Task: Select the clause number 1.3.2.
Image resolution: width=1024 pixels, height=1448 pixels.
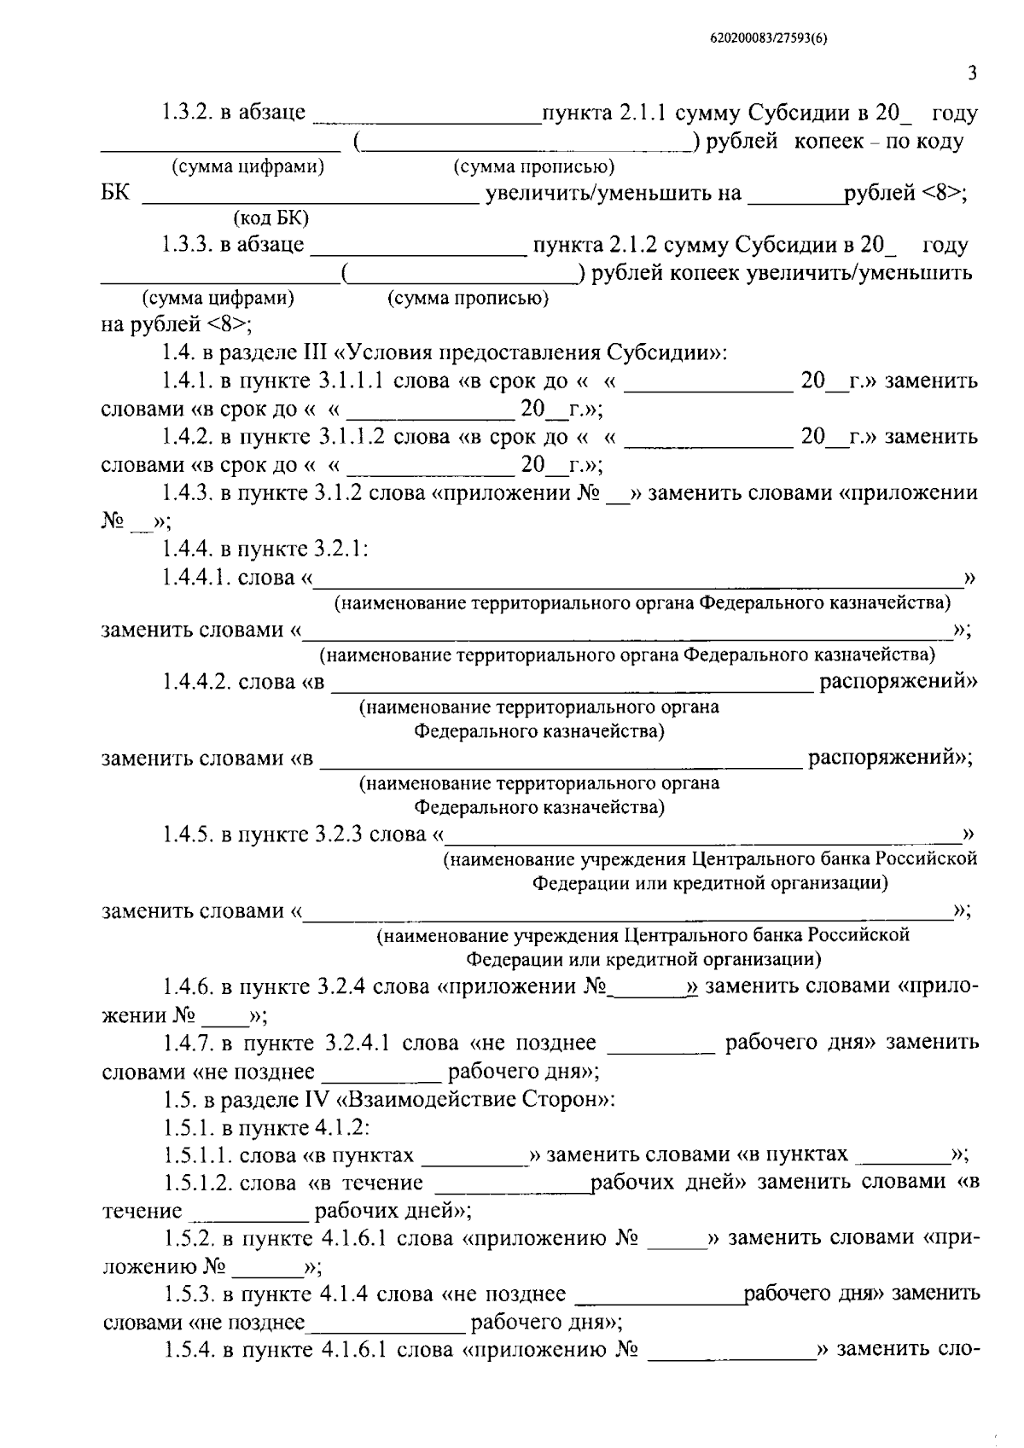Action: coord(188,113)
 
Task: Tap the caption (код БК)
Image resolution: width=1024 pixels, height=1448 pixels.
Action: coord(271,218)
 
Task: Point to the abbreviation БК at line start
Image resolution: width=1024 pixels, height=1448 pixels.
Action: coord(115,193)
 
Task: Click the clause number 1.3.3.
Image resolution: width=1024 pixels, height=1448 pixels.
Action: coord(188,246)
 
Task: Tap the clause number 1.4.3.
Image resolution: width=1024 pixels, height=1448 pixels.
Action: coord(188,493)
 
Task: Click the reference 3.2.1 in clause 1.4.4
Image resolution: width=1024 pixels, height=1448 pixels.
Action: coord(343,549)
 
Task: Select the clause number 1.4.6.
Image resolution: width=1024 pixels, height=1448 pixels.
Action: coord(188,987)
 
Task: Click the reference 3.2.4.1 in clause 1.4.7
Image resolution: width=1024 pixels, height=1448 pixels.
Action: coord(359,1043)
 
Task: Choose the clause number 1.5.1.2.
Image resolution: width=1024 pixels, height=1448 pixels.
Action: coord(197,1183)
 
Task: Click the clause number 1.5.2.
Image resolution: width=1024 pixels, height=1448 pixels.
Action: coord(188,1238)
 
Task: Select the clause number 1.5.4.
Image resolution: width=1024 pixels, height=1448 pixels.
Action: coord(188,1351)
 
